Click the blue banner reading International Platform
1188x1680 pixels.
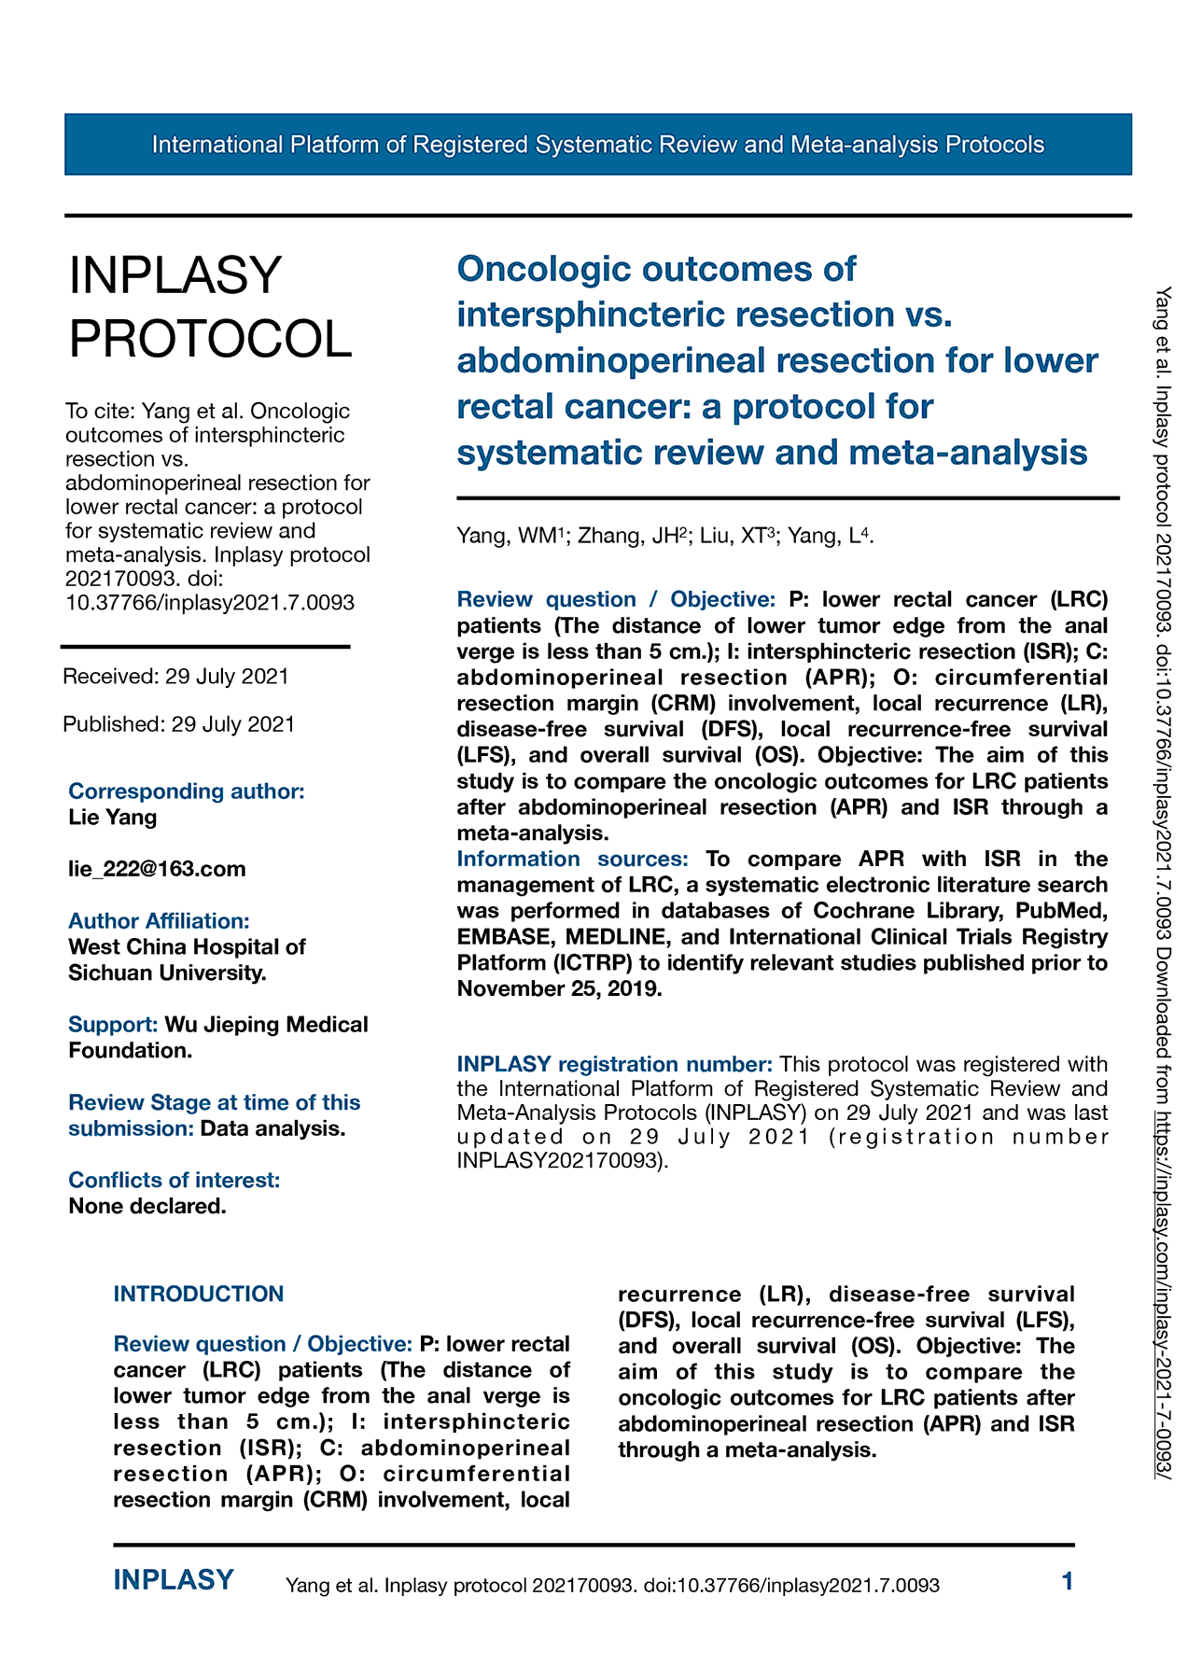coord(597,145)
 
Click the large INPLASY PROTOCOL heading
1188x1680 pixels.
coord(210,307)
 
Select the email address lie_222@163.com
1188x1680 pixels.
coord(157,869)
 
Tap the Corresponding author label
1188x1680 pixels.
coord(187,791)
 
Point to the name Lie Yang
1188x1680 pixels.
coord(113,818)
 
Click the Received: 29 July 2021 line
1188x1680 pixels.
coord(175,677)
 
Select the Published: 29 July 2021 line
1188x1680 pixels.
coord(178,724)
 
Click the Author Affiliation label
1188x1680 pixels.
coord(159,921)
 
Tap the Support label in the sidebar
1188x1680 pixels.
coord(113,1025)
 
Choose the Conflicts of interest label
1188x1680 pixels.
coord(174,1181)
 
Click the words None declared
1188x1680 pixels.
coord(147,1206)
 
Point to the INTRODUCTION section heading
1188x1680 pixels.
coord(198,1295)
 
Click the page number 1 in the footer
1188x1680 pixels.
coord(1068,1581)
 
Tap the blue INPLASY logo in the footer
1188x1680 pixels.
coord(174,1580)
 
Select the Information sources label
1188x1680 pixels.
coord(572,859)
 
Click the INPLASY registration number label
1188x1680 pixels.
coord(614,1064)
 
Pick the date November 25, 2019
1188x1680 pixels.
coord(559,988)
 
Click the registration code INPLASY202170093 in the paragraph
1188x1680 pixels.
coord(560,1161)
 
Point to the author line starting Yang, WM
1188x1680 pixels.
coord(664,536)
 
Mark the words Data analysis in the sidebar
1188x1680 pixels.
coord(273,1128)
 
